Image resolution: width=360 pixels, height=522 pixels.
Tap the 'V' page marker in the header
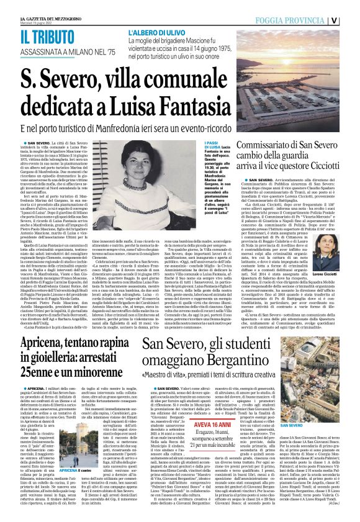coord(352,19)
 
